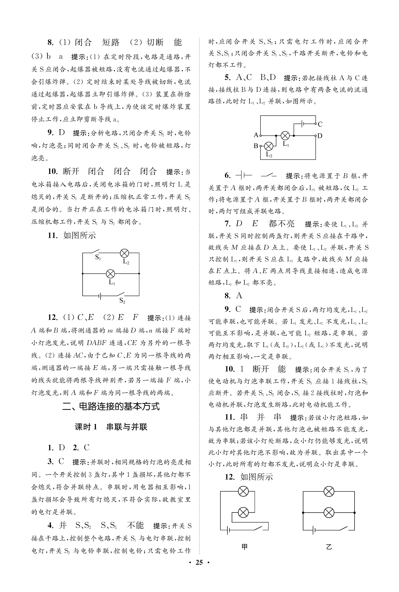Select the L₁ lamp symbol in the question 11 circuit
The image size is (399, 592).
click(x=110, y=274)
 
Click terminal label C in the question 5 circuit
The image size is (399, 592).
click(x=320, y=124)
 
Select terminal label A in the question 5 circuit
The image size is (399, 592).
click(x=256, y=135)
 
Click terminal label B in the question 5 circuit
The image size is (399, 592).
click(x=256, y=146)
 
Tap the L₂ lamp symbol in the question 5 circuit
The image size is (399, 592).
click(x=269, y=146)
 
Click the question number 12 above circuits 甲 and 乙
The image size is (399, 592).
click(x=230, y=477)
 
